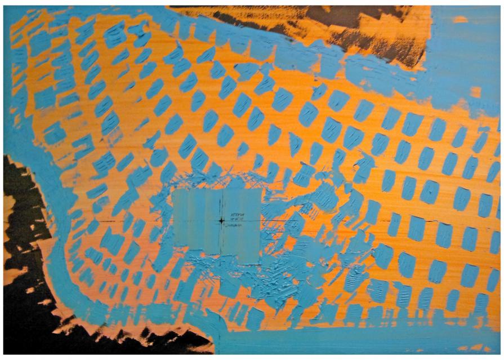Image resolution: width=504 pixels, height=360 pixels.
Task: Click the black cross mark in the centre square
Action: (x=222, y=220)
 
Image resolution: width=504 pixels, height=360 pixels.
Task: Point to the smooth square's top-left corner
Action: (x=173, y=190)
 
